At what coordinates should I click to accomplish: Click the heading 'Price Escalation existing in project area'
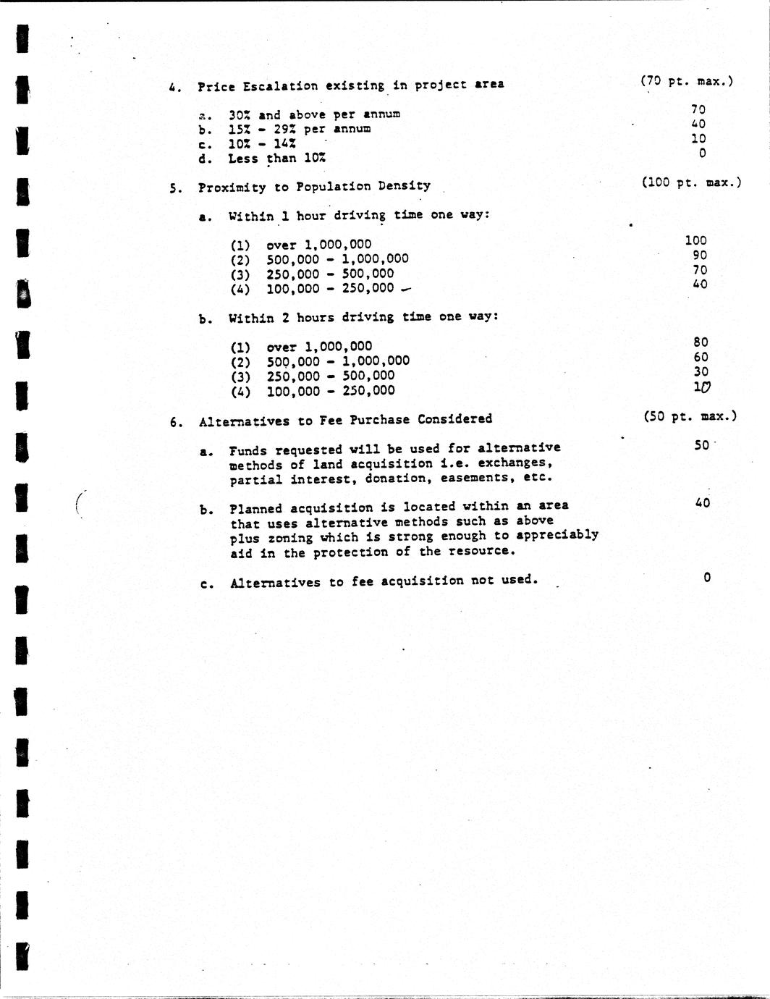click(351, 85)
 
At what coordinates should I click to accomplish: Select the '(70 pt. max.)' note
click(686, 81)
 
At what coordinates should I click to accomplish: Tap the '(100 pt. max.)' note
click(691, 182)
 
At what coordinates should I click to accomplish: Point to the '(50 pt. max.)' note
click(690, 416)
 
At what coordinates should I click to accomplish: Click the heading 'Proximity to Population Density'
click(314, 186)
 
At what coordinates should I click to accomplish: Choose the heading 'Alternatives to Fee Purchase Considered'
click(345, 419)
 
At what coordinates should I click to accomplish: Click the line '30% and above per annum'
click(314, 114)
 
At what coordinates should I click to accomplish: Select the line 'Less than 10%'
click(276, 159)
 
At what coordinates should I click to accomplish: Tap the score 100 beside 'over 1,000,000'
click(695, 240)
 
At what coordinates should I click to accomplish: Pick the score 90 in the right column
click(700, 255)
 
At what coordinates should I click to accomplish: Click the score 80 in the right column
click(701, 342)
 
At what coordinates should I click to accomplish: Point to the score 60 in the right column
click(701, 357)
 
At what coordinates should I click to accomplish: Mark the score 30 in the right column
click(701, 372)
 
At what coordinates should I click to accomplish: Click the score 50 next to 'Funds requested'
click(701, 445)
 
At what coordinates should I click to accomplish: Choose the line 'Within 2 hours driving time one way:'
click(363, 317)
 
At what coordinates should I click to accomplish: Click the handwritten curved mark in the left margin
click(80, 503)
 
